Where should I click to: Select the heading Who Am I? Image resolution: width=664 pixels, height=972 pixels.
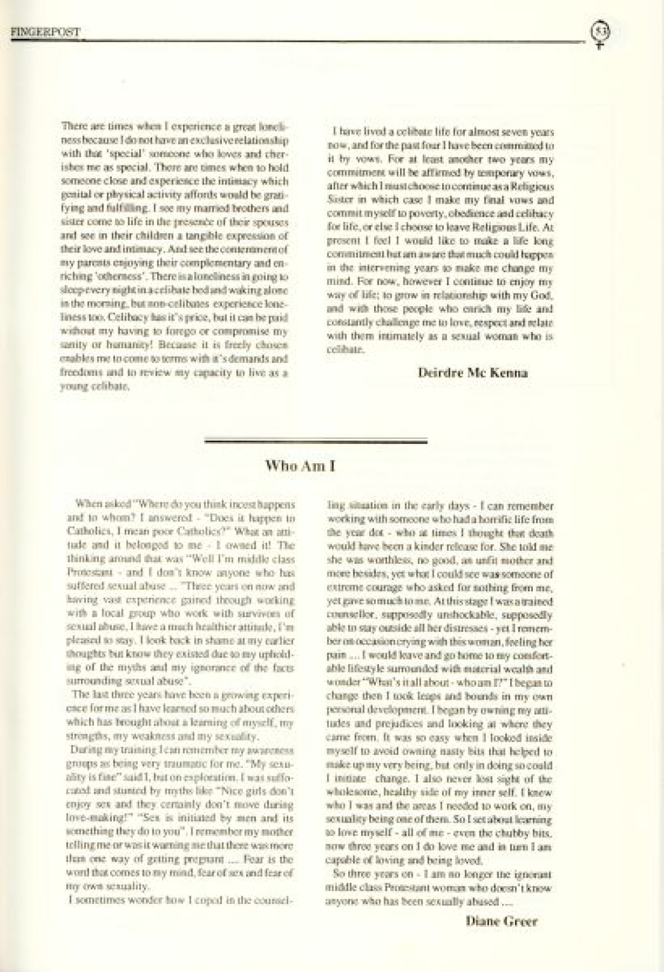tap(301, 466)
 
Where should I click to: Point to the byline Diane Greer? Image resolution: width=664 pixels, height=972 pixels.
tap(501, 922)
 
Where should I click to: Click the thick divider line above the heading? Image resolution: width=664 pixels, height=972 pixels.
tap(316, 441)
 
